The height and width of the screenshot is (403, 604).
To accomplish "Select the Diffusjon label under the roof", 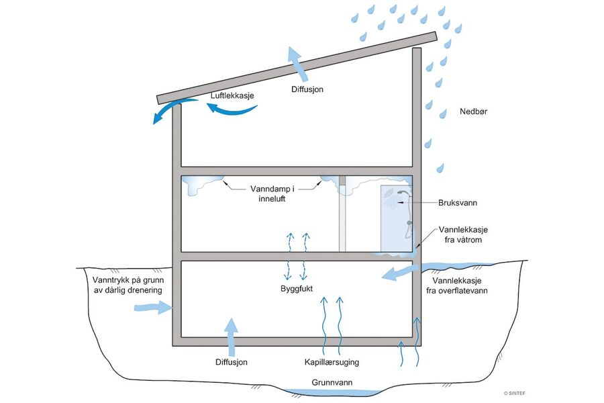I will click(308, 89).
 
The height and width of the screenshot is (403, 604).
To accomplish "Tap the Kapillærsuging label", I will click(332, 362).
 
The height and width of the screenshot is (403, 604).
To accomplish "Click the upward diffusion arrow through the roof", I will click(296, 63).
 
